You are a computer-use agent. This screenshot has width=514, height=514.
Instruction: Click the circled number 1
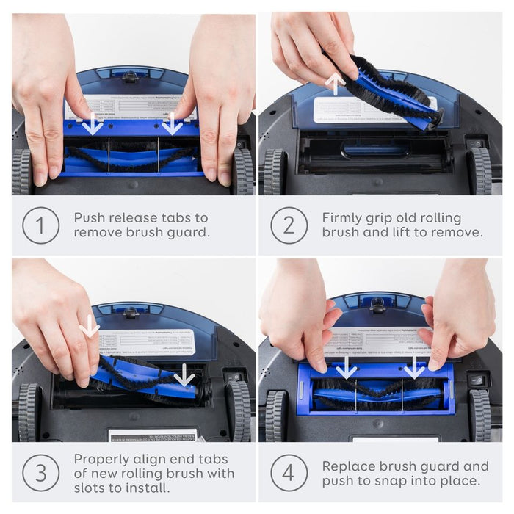(x=40, y=226)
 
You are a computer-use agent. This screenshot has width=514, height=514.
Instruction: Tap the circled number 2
(x=289, y=226)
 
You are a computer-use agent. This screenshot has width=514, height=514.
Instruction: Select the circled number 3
(x=40, y=473)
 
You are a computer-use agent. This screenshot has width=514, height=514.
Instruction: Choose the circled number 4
(x=289, y=473)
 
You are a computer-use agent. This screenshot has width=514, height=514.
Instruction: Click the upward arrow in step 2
(x=335, y=82)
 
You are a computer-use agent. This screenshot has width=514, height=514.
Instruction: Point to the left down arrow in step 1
(x=93, y=123)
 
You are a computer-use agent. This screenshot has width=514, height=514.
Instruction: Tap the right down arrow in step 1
(x=172, y=123)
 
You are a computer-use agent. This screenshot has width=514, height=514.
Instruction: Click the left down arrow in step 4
(x=347, y=367)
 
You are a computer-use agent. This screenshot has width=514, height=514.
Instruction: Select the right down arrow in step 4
(x=414, y=367)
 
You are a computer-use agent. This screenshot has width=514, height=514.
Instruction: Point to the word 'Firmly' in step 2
(x=344, y=218)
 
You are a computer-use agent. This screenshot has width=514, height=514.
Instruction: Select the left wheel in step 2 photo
(x=274, y=171)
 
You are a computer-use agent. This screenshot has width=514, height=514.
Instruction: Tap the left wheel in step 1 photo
(x=22, y=171)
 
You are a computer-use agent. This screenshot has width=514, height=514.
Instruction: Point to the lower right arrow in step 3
(x=184, y=377)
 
